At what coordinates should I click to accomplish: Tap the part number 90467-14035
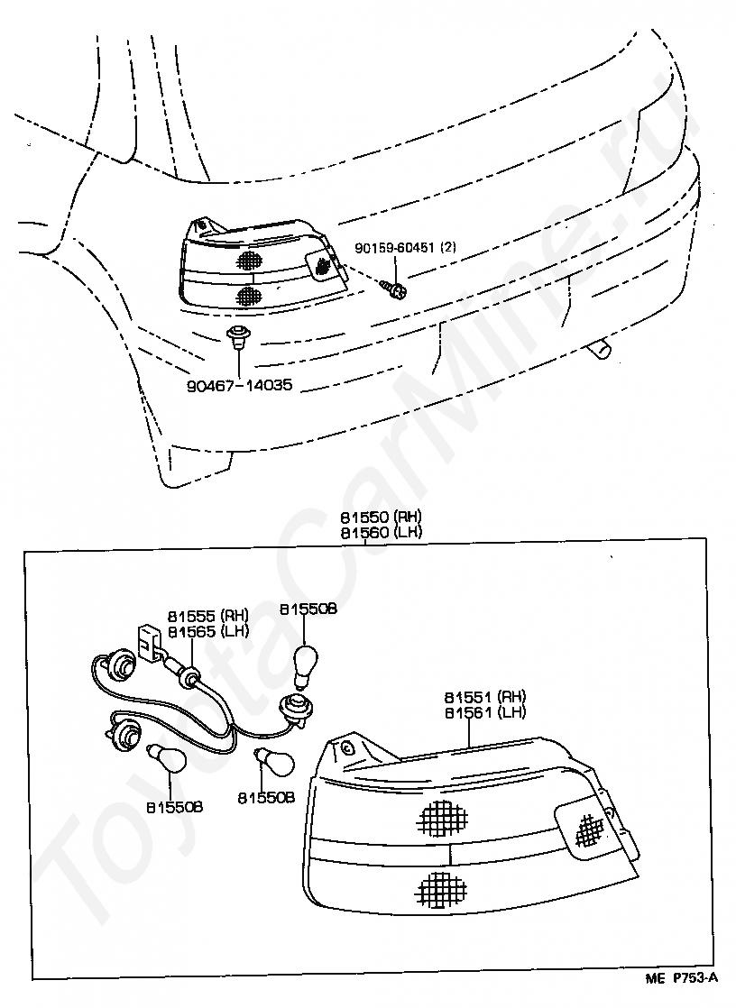241,386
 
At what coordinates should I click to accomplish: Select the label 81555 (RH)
207,616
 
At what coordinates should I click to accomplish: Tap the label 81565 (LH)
207,631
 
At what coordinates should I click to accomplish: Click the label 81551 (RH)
484,697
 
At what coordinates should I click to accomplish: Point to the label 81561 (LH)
484,712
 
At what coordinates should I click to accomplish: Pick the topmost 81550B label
308,609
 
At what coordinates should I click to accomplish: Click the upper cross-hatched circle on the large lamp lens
443,817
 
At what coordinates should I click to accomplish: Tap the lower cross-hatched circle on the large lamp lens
443,889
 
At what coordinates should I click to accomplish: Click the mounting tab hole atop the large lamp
346,748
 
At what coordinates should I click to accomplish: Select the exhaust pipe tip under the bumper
597,349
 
